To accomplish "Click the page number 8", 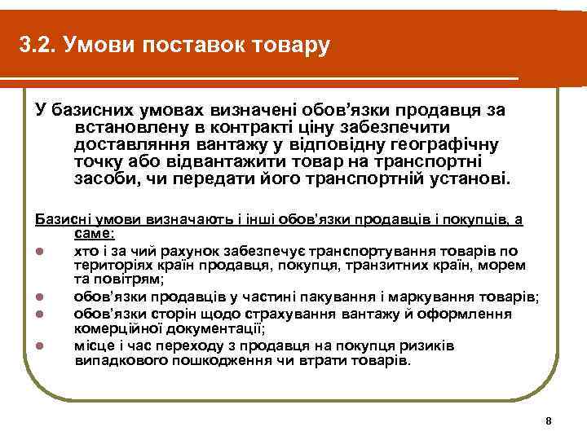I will [x=548, y=420].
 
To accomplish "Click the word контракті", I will [x=248, y=127].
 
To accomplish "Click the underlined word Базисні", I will [x=60, y=219].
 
